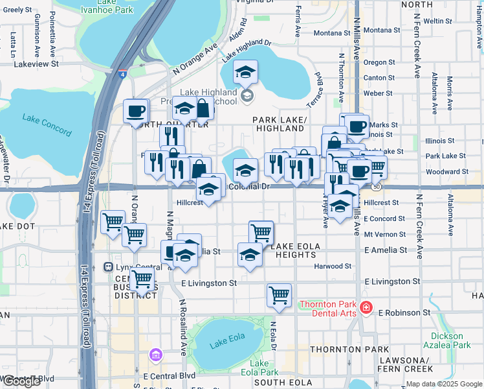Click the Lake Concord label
pyautogui.click(x=47, y=124)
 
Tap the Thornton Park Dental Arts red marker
pyautogui.click(x=366, y=307)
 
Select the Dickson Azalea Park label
pyautogui.click(x=452, y=340)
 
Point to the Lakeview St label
pyautogui.click(x=36, y=64)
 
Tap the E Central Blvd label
pyautogui.click(x=170, y=375)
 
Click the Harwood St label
pyautogui.click(x=333, y=266)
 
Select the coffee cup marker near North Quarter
pyautogui.click(x=136, y=111)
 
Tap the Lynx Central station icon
pyautogui.click(x=108, y=266)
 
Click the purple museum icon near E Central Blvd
pyautogui.click(x=155, y=355)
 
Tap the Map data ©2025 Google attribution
pyautogui.click(x=443, y=384)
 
